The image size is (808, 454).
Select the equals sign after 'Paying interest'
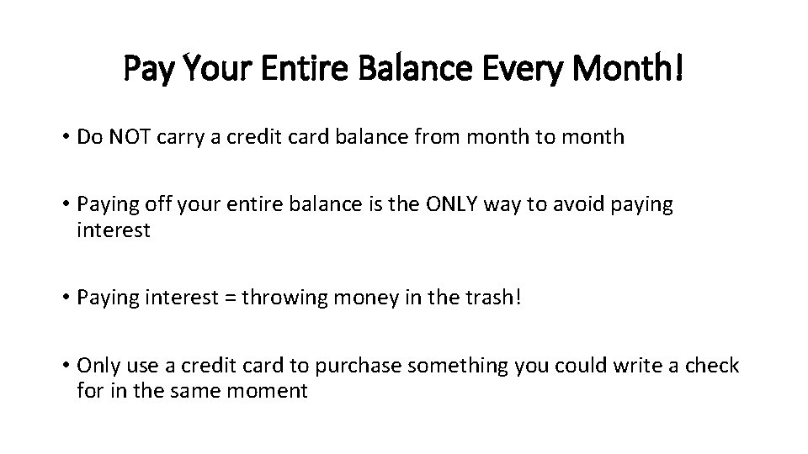[x=228, y=298]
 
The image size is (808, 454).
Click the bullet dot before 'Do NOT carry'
[x=66, y=138]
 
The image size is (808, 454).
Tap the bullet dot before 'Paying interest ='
[x=66, y=298]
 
